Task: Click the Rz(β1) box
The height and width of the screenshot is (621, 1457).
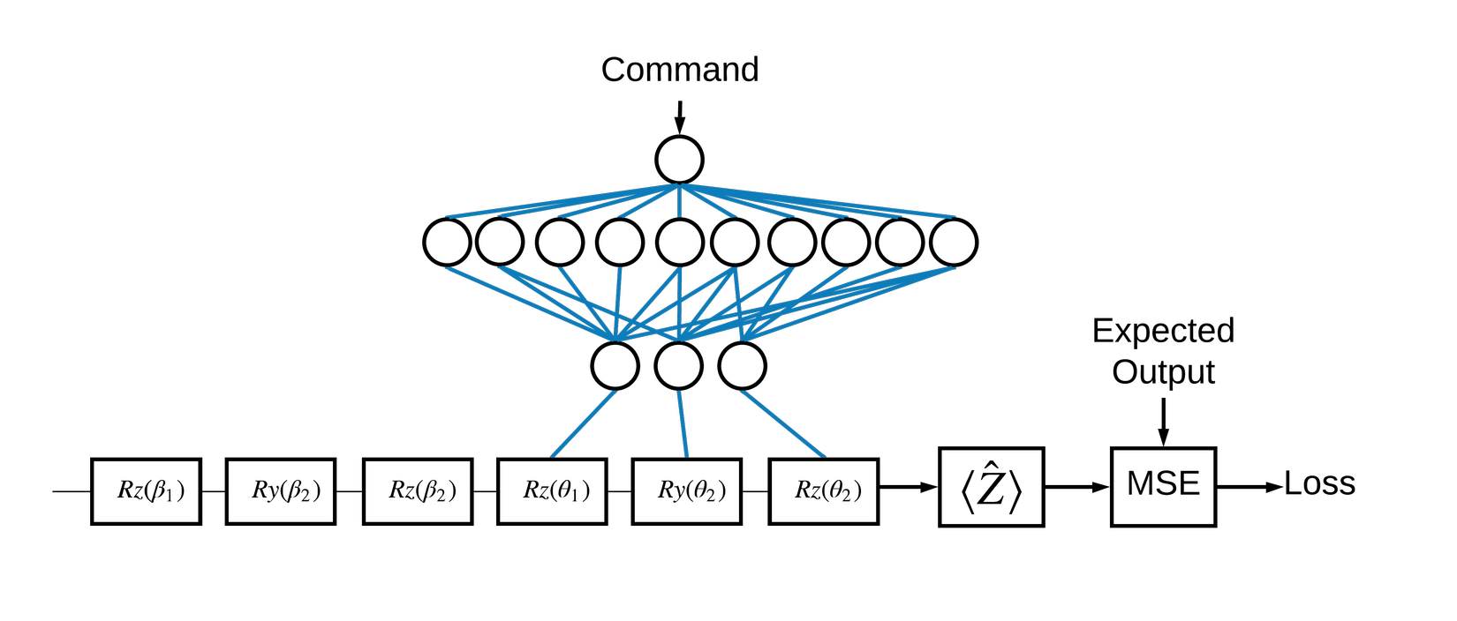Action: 146,491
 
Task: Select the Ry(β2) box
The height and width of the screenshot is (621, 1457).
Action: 281,491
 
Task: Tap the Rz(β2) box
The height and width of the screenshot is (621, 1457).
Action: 418,491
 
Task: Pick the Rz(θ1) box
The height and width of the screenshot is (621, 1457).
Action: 552,491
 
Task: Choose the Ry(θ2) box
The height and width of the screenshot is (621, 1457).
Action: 687,491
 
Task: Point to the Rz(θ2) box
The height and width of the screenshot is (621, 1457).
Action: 824,491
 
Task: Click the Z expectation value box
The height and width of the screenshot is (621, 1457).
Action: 991,487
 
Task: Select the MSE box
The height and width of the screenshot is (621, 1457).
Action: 1163,487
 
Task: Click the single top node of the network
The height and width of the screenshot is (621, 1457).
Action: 679,160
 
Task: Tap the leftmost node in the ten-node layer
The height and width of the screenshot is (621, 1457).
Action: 447,243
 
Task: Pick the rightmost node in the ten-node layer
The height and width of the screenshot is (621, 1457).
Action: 954,243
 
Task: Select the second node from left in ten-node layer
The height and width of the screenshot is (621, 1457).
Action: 500,242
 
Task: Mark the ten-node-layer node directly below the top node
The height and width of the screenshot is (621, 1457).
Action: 680,243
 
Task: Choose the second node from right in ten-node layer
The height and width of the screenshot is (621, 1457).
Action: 900,243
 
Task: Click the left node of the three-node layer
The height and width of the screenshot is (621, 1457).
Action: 615,366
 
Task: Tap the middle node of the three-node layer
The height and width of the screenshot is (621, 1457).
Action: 678,366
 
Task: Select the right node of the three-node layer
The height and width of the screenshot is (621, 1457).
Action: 742,366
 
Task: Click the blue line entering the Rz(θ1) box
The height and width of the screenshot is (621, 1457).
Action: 584,424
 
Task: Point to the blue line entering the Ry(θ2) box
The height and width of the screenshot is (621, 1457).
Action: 683,424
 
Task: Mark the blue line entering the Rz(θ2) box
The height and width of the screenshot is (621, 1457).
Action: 783,424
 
